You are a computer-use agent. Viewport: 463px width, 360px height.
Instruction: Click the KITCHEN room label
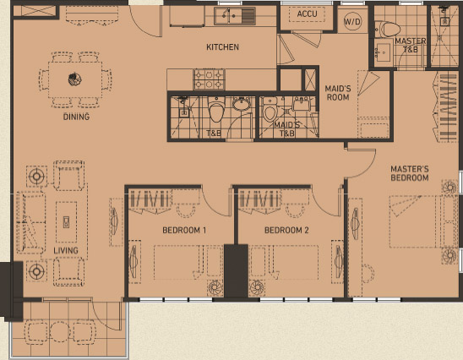point(223,47)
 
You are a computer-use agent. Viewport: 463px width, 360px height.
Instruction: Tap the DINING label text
point(76,117)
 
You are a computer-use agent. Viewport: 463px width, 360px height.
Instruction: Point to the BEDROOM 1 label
point(184,230)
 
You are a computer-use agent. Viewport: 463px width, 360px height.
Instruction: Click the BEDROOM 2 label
point(286,230)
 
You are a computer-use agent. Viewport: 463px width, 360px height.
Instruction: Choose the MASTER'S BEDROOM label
point(410,173)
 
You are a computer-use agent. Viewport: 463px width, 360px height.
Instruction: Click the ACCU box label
point(306,14)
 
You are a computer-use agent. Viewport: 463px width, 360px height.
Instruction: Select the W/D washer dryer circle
point(352,22)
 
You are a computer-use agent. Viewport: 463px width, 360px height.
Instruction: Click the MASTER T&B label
point(410,45)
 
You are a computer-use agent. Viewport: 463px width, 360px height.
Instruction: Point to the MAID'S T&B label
point(286,129)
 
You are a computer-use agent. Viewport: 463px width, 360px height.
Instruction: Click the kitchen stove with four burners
point(209,80)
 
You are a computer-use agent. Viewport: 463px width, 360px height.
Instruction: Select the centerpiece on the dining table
point(74,80)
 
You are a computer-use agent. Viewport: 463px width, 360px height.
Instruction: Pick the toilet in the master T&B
point(390,28)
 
